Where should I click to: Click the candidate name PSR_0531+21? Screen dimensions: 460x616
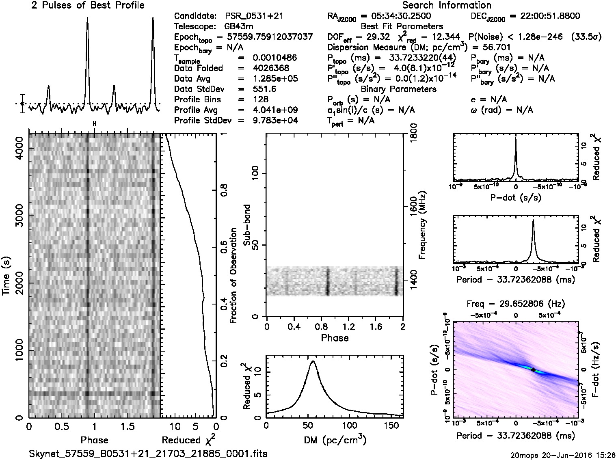(254, 16)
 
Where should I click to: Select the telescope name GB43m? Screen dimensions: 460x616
(239, 27)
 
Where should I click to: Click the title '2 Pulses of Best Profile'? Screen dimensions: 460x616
(88, 5)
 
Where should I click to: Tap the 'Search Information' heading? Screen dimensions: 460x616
(447, 5)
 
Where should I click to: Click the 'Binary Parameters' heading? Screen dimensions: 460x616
(398, 89)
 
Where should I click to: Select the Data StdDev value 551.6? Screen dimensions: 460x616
(264, 89)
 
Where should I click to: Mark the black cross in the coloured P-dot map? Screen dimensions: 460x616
(533, 370)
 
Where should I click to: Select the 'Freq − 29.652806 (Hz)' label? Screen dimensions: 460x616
(516, 304)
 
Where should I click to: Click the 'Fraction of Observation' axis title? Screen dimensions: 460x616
(233, 276)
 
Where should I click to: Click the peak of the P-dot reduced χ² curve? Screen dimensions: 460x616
(516, 138)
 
